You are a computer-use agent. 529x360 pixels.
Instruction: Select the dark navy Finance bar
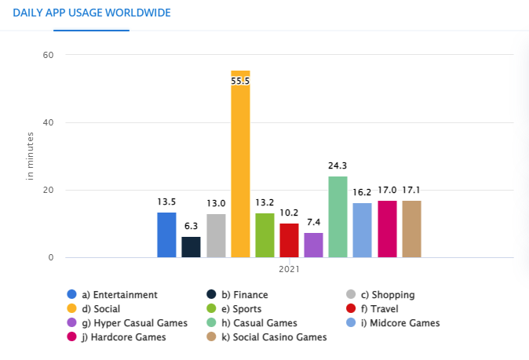[191, 247]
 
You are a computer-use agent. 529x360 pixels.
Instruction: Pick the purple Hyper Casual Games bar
[313, 245]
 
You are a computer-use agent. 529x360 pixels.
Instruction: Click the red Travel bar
[289, 241]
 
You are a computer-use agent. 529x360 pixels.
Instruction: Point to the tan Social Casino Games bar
[411, 229]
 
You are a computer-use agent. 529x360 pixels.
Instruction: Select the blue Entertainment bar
[166, 235]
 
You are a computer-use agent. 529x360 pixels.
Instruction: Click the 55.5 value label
[240, 81]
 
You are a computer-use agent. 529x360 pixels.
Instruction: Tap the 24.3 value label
[337, 165]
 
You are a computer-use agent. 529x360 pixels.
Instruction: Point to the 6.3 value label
[191, 226]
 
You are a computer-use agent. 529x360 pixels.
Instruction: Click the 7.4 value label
[313, 222]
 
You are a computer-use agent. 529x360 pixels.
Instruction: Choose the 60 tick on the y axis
[48, 55]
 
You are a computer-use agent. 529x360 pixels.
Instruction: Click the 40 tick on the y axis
[48, 123]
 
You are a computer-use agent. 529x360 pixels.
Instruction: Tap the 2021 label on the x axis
[289, 269]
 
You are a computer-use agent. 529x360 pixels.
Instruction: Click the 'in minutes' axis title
[31, 157]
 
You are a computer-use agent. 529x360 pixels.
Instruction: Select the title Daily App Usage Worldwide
[91, 13]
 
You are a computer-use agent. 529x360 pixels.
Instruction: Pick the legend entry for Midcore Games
[399, 323]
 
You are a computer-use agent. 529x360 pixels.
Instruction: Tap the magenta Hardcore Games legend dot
[72, 337]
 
